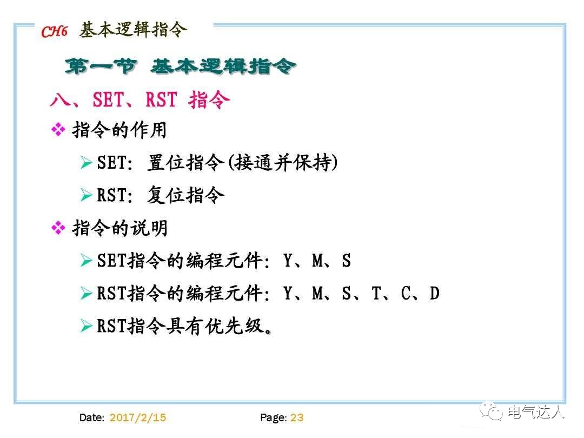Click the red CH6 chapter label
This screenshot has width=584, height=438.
(54, 32)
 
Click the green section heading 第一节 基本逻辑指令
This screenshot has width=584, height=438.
(181, 67)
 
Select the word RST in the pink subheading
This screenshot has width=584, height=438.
(161, 100)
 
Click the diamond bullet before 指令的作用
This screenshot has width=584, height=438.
(58, 130)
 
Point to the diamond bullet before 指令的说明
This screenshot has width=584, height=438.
(58, 228)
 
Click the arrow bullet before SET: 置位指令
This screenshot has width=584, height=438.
(86, 162)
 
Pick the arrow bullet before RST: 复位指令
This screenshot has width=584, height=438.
(86, 195)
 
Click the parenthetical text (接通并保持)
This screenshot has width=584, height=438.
(282, 162)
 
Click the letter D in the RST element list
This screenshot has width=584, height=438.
(434, 294)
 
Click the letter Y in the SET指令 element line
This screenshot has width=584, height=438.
(288, 261)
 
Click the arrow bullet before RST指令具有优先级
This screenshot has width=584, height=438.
(86, 326)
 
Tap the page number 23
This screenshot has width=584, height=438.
(297, 417)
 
